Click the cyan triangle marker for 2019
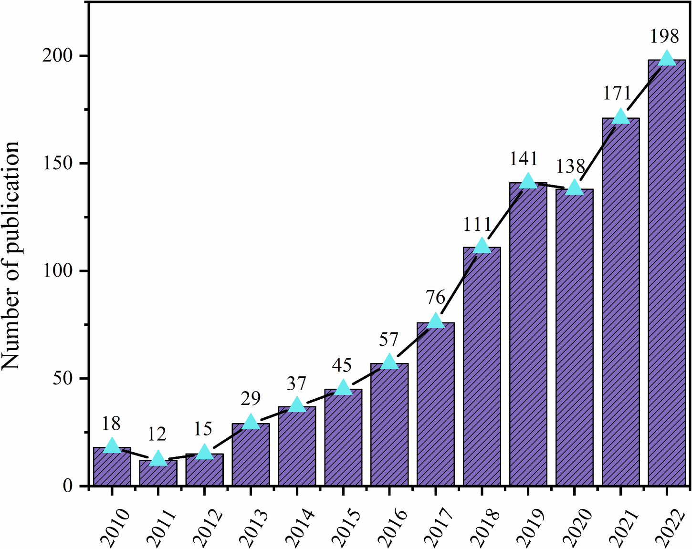(x=528, y=181)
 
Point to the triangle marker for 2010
(x=112, y=445)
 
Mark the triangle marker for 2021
(x=620, y=116)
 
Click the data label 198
(x=664, y=37)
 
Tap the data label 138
(x=571, y=166)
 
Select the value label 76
(x=435, y=298)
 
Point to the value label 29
(x=251, y=398)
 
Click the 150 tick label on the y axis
(x=58, y=164)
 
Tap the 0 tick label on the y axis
(x=68, y=486)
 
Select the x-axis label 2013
(x=253, y=527)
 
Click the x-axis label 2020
(x=577, y=527)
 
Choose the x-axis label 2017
(x=439, y=527)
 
